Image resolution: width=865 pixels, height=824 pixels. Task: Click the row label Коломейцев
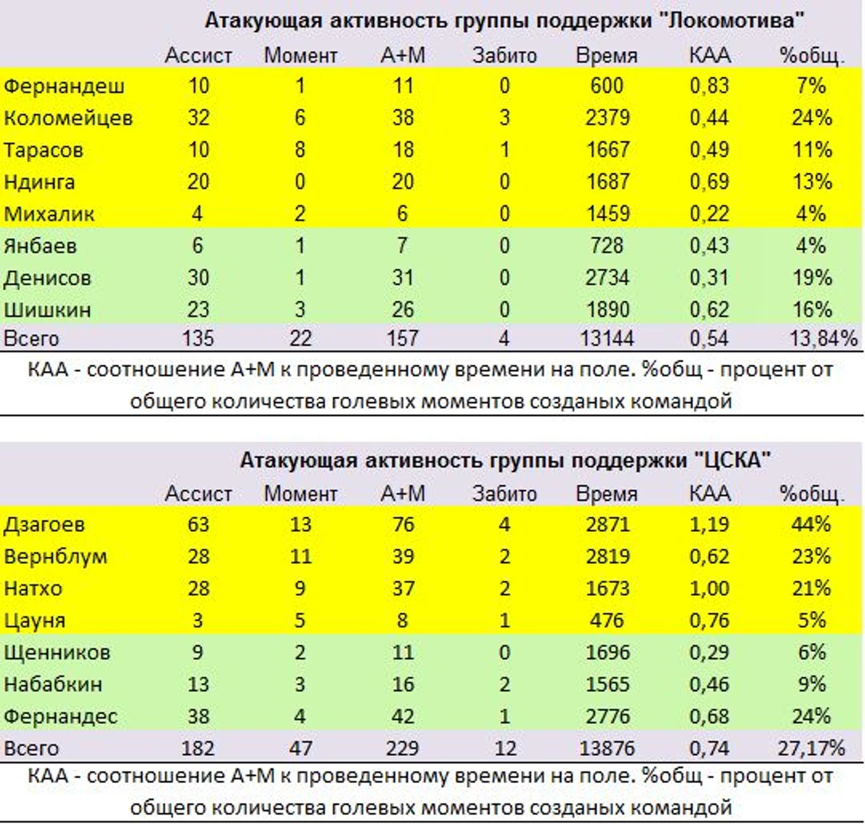pos(68,118)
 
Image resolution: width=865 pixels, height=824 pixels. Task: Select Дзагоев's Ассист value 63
pos(198,525)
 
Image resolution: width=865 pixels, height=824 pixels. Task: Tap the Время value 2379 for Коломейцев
pos(607,118)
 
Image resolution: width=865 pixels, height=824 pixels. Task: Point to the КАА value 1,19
pos(709,525)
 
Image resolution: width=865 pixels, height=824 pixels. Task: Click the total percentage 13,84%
pos(822,338)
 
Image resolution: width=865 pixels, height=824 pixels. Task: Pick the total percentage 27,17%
pos(810,748)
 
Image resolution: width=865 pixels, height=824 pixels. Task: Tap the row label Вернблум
pos(56,557)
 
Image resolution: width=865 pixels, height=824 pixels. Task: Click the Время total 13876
pos(607,748)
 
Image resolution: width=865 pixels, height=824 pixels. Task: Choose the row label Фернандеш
pos(64,86)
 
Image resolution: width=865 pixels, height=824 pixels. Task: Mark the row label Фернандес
pos(60,716)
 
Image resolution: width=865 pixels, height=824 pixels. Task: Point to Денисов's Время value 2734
pos(607,277)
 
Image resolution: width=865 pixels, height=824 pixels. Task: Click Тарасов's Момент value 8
pos(300,150)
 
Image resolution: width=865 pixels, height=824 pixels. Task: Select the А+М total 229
pos(402,748)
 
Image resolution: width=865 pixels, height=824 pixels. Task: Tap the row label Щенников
pos(57,652)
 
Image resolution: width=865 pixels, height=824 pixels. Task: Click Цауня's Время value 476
pos(607,620)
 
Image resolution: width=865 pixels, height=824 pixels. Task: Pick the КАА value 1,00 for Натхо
pos(709,589)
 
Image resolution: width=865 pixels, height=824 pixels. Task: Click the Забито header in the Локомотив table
pos(504,55)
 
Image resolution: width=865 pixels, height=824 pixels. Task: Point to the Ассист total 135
pos(198,338)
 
